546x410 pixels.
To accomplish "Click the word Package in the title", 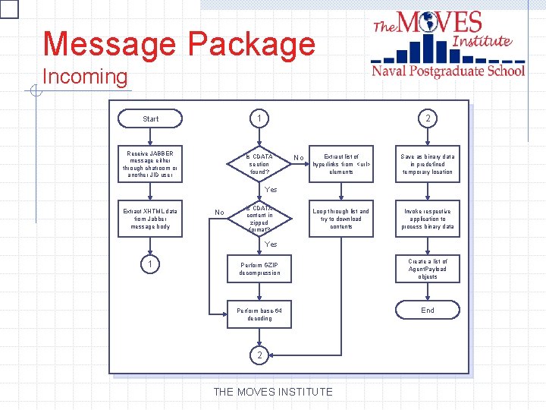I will pos(250,44).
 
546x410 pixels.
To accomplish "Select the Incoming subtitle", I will pos(86,77).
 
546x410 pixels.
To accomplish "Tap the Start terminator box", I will pos(151,118).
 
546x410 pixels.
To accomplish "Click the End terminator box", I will pos(428,311).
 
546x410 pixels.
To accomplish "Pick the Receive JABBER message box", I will pos(151,165).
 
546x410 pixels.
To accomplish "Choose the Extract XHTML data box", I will pos(151,219).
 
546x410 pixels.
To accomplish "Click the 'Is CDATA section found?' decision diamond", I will pos(259,164).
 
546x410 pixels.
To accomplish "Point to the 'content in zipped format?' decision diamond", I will pos(259,219).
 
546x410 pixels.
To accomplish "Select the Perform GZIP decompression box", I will pos(259,270).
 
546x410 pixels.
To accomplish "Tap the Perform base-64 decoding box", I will pos(259,314).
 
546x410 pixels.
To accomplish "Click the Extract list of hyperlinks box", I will pos(341,164).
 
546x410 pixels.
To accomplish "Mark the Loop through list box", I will pos(341,219).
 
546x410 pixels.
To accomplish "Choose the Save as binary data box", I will pos(428,164).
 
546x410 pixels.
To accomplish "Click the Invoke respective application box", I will pos(428,219).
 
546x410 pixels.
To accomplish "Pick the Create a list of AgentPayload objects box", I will pos(428,270).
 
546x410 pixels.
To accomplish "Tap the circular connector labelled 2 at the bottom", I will pos(259,355).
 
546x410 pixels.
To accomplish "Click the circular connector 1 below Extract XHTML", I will pos(151,264).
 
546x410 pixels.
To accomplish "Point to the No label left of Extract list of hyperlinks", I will pos(299,159).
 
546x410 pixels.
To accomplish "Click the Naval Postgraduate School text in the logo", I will pos(447,71).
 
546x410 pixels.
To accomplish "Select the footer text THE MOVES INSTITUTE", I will pos(273,392).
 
